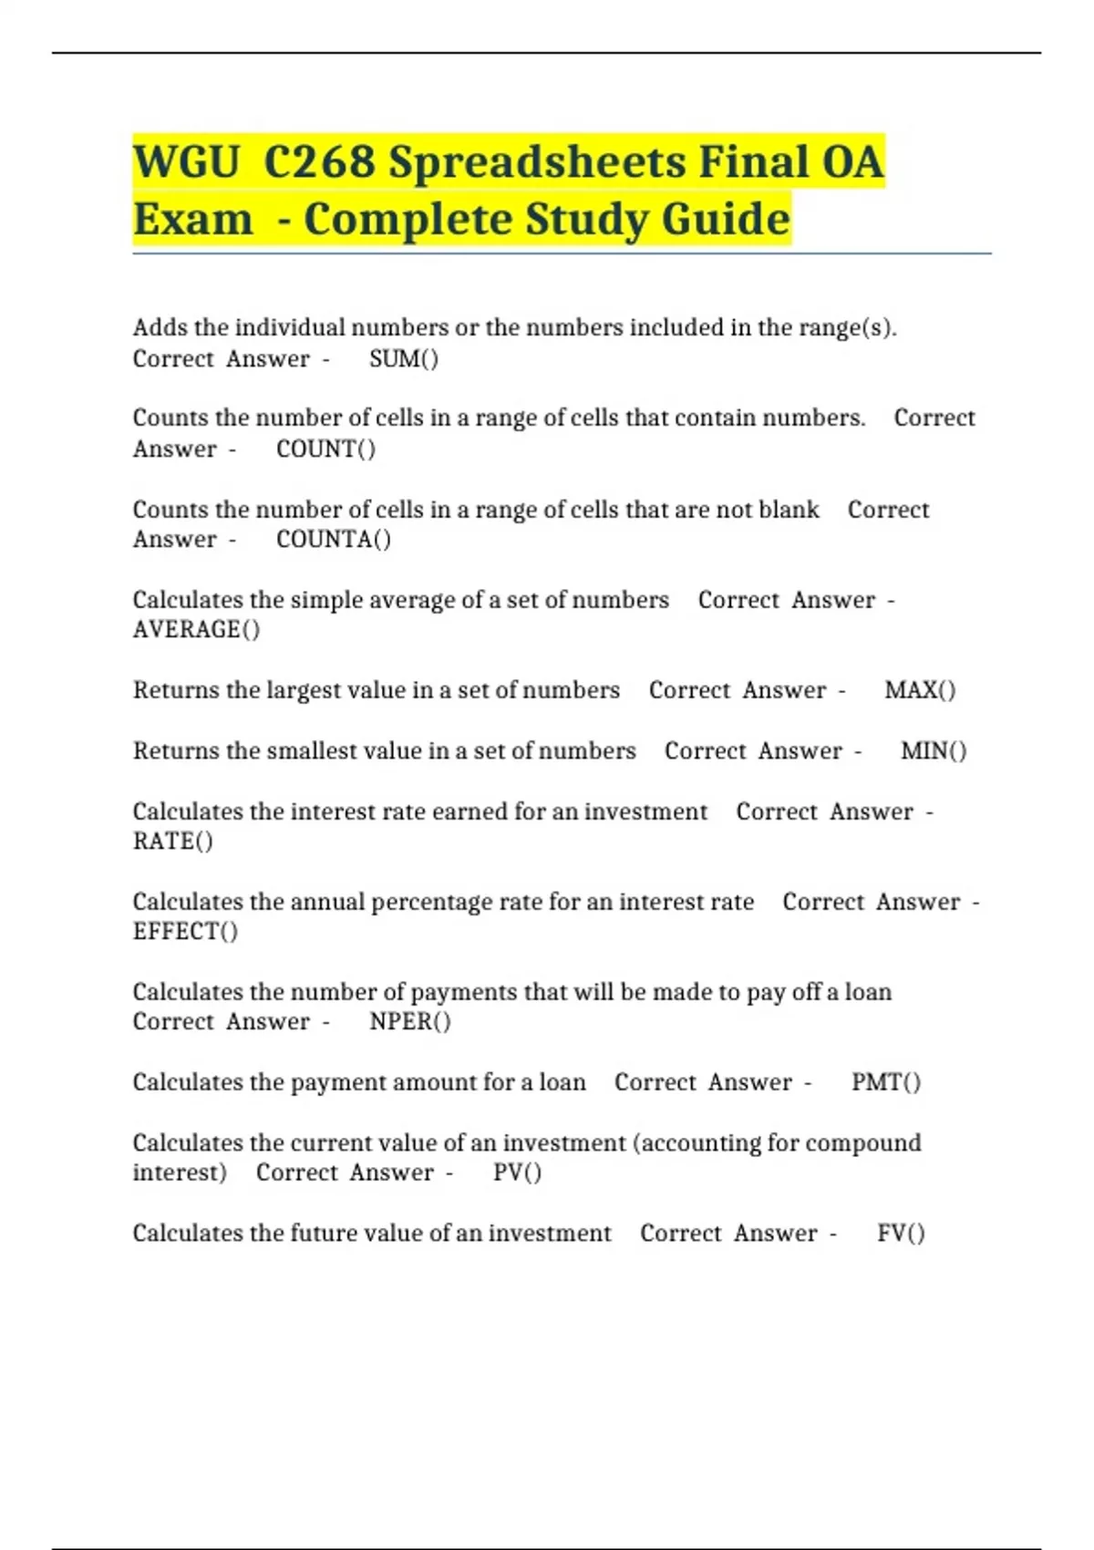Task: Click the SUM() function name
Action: click(x=404, y=359)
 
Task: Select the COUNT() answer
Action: click(x=325, y=449)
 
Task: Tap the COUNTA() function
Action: click(x=334, y=540)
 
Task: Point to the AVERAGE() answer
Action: click(x=196, y=630)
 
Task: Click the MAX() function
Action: click(x=920, y=690)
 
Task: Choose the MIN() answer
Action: click(x=934, y=751)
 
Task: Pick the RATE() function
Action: click(x=173, y=842)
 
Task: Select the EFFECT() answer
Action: click(x=185, y=932)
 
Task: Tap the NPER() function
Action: click(x=410, y=1022)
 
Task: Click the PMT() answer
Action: click(x=886, y=1082)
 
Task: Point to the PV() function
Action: click(x=517, y=1173)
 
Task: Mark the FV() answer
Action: click(x=901, y=1234)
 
